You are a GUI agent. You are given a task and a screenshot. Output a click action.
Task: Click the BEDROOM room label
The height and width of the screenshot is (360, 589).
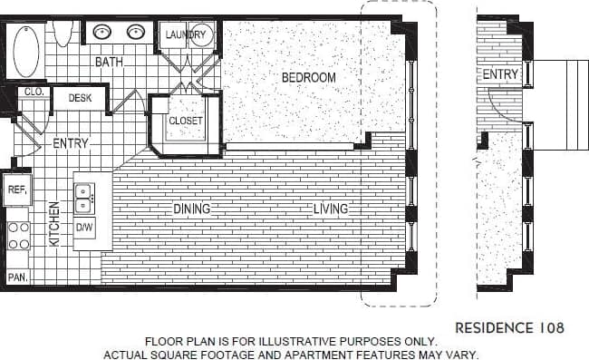coord(308,78)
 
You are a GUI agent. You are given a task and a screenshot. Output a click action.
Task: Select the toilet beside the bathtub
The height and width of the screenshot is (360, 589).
coord(63,33)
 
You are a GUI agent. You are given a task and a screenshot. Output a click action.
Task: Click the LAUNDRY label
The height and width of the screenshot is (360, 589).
coord(188,35)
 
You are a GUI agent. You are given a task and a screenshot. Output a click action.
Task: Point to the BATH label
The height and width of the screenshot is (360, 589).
coord(109,63)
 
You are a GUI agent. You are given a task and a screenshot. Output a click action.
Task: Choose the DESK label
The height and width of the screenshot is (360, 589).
coord(80,97)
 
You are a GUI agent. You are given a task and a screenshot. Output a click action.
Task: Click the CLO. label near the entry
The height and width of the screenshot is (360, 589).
coord(33,92)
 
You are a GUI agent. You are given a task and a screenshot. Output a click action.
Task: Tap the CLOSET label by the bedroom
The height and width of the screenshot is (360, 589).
coord(186,121)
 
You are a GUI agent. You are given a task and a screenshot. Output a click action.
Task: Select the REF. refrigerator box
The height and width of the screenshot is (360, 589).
coord(16,190)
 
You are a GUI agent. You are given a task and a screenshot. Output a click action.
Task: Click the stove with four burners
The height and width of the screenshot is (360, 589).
coord(18,234)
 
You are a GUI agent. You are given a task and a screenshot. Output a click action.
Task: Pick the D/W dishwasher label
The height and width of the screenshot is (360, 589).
coord(84,227)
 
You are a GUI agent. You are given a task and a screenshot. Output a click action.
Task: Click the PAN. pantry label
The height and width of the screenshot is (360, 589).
coord(16,277)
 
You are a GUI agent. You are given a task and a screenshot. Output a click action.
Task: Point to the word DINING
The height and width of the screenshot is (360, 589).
coord(191,209)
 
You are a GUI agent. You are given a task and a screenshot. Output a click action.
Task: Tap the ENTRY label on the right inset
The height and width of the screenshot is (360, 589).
coord(500,74)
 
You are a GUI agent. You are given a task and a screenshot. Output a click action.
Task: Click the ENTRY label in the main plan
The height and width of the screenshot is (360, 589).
coord(71,143)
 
